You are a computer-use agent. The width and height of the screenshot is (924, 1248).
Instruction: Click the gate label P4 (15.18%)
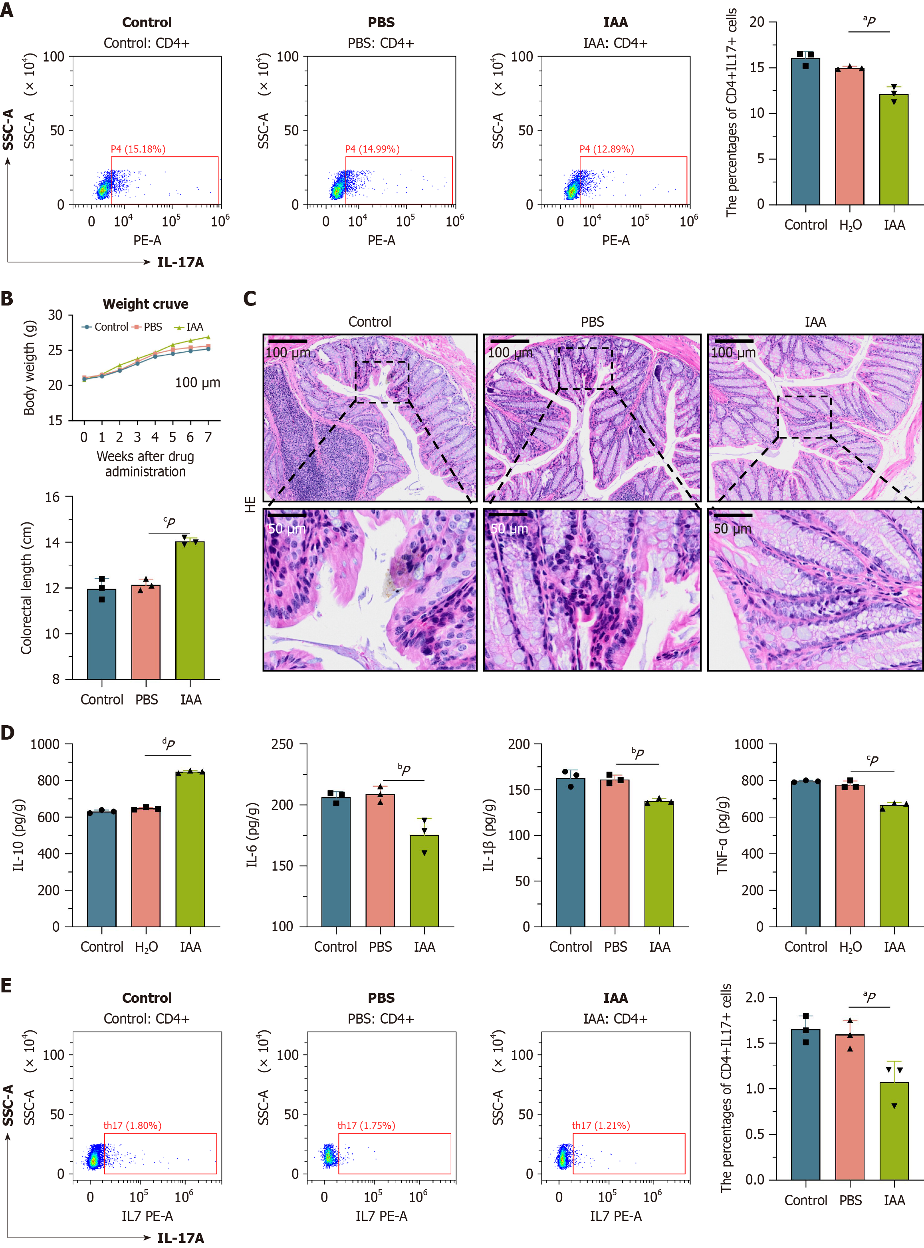pos(138,149)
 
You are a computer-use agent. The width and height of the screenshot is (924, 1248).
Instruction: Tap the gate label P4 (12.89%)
pos(606,149)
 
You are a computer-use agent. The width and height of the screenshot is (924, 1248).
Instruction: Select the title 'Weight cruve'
pos(145,304)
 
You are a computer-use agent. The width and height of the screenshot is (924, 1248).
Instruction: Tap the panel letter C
pos(250,299)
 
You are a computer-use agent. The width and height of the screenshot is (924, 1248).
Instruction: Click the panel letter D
pos(7,733)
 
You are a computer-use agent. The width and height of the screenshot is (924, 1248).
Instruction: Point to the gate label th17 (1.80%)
pos(132,1125)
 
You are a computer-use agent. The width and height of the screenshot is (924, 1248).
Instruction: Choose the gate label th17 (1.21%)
pos(600,1125)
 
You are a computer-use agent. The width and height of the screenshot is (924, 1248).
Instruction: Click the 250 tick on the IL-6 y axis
pos(282,744)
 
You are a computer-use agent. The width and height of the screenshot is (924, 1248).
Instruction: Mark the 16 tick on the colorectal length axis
pos(52,497)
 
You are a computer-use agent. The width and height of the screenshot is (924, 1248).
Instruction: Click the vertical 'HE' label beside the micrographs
pos(250,504)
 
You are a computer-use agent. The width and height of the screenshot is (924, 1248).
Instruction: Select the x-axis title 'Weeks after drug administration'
pos(145,464)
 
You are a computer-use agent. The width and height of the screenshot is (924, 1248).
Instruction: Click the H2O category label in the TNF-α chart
pos(850,946)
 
